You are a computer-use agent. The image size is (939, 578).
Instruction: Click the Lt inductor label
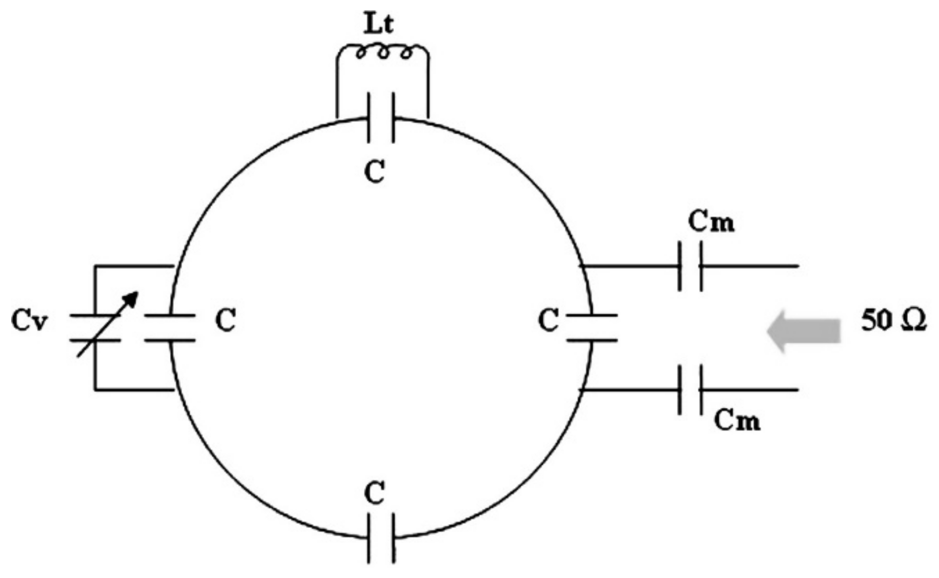pos(379,24)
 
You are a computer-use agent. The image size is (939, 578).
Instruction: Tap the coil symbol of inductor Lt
pos(383,52)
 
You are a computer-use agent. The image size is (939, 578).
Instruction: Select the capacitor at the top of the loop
pos(380,117)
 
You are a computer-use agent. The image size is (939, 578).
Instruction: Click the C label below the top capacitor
pos(375,171)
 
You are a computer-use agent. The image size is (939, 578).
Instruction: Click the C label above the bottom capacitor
pos(375,493)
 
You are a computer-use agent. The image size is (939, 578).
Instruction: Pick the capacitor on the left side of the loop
pos(169,328)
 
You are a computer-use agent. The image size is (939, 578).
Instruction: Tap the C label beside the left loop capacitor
pos(225,320)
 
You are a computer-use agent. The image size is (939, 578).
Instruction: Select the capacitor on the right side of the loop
pos(592,328)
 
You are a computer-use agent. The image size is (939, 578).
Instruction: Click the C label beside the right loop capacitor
pos(548,321)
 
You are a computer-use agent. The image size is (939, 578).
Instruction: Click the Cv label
pos(30,321)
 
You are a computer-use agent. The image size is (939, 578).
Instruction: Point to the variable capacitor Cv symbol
pos(95,328)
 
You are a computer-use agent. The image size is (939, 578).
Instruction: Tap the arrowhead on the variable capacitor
pos(132,298)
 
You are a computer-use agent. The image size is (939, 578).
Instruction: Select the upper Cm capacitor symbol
pos(690,266)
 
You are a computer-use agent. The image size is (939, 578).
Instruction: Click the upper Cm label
pos(711,222)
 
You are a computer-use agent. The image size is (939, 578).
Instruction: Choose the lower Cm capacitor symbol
pos(690,390)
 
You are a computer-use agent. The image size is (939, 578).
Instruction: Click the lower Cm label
pos(737,421)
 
